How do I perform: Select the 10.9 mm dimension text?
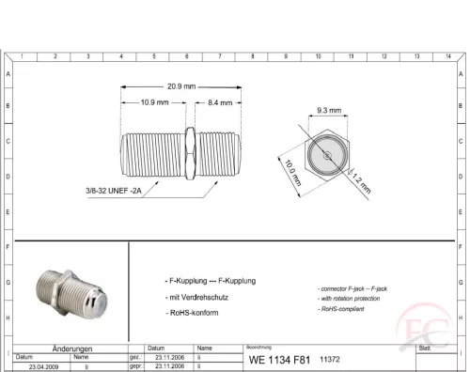(154, 101)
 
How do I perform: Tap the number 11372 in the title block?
(331, 359)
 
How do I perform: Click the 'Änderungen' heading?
(71, 348)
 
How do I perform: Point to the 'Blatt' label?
(425, 348)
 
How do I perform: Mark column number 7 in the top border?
(219, 57)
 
